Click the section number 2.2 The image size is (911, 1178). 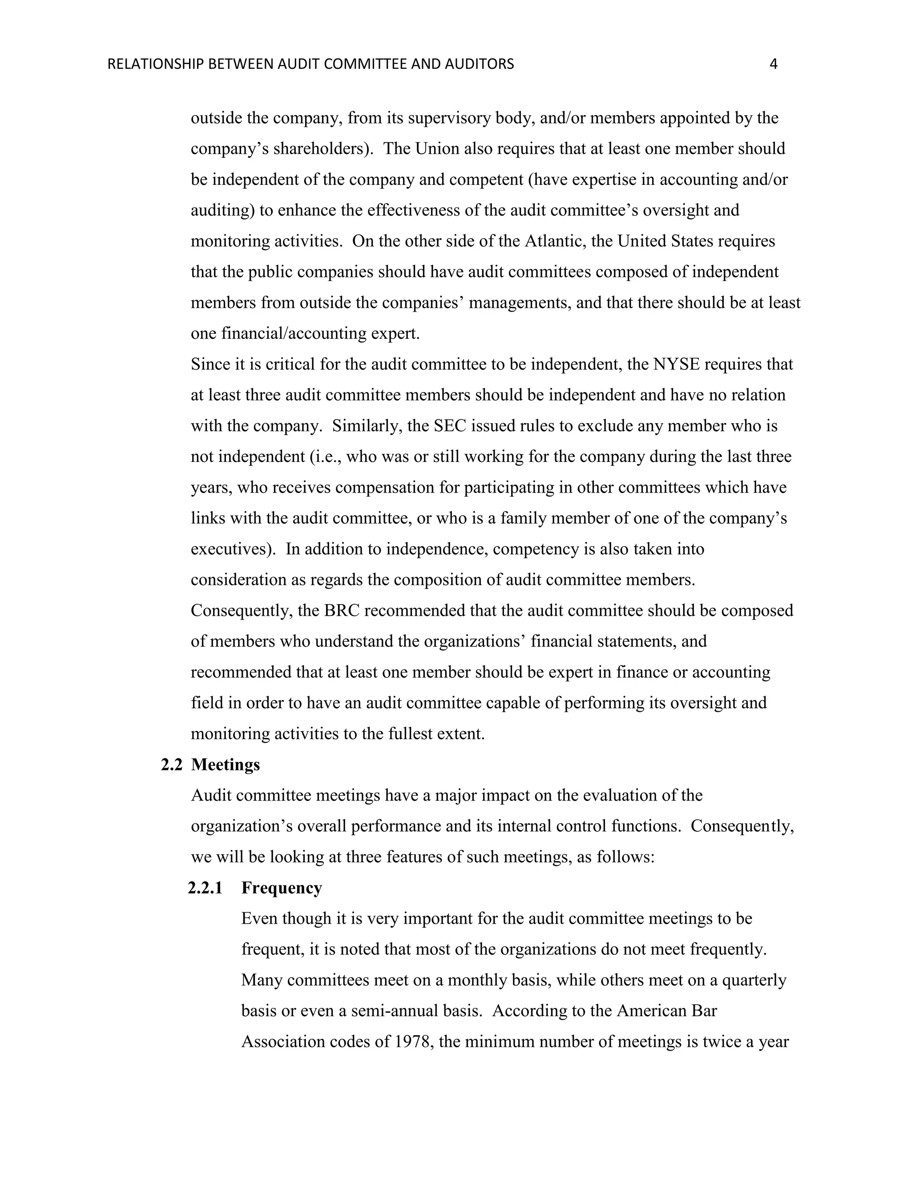click(x=172, y=765)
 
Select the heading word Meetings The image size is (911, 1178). click(x=225, y=765)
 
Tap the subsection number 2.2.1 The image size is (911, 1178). click(x=205, y=888)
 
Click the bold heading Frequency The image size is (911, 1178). click(x=281, y=888)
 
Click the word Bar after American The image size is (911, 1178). click(x=704, y=1011)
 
